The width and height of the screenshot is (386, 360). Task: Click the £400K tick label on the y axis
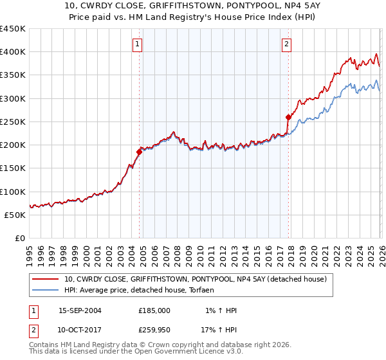click(13, 52)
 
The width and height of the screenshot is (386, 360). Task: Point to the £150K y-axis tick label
click(13, 168)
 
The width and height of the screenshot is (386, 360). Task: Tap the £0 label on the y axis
click(20, 239)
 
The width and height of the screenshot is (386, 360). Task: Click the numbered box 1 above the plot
click(138, 44)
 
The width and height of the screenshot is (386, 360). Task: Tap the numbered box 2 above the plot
click(286, 44)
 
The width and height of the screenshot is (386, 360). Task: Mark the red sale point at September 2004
click(139, 152)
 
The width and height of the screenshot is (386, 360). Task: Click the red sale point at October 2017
click(288, 117)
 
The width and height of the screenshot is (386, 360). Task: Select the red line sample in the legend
click(46, 280)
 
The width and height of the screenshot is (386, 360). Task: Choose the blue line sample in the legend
click(46, 291)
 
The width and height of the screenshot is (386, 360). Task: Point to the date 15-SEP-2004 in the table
click(80, 310)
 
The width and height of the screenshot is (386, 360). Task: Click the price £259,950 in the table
click(154, 330)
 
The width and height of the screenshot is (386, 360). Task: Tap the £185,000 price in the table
click(154, 310)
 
